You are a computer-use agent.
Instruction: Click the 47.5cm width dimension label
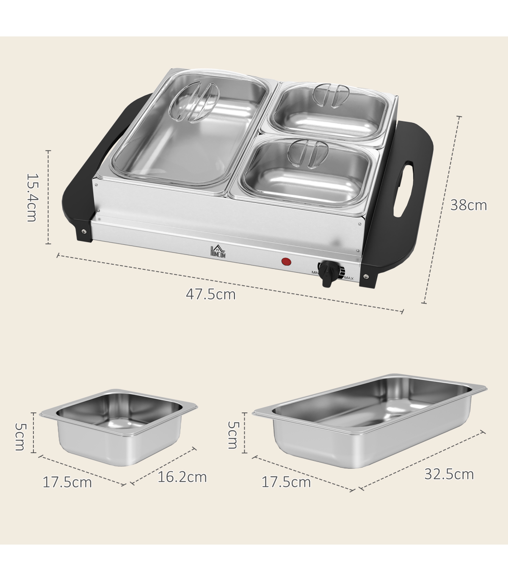point(210,294)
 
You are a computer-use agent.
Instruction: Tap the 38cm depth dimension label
point(469,205)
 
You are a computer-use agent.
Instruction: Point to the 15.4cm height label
point(32,197)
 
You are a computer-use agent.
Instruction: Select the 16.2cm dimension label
point(182,477)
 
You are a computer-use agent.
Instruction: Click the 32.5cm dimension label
point(449,474)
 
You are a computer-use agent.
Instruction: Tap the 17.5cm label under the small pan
point(67,482)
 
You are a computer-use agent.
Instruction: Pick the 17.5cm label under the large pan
point(286,482)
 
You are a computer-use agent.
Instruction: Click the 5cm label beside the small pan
point(20,437)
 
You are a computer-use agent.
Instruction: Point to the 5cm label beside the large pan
point(233,435)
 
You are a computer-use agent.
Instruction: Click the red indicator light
point(286,261)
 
